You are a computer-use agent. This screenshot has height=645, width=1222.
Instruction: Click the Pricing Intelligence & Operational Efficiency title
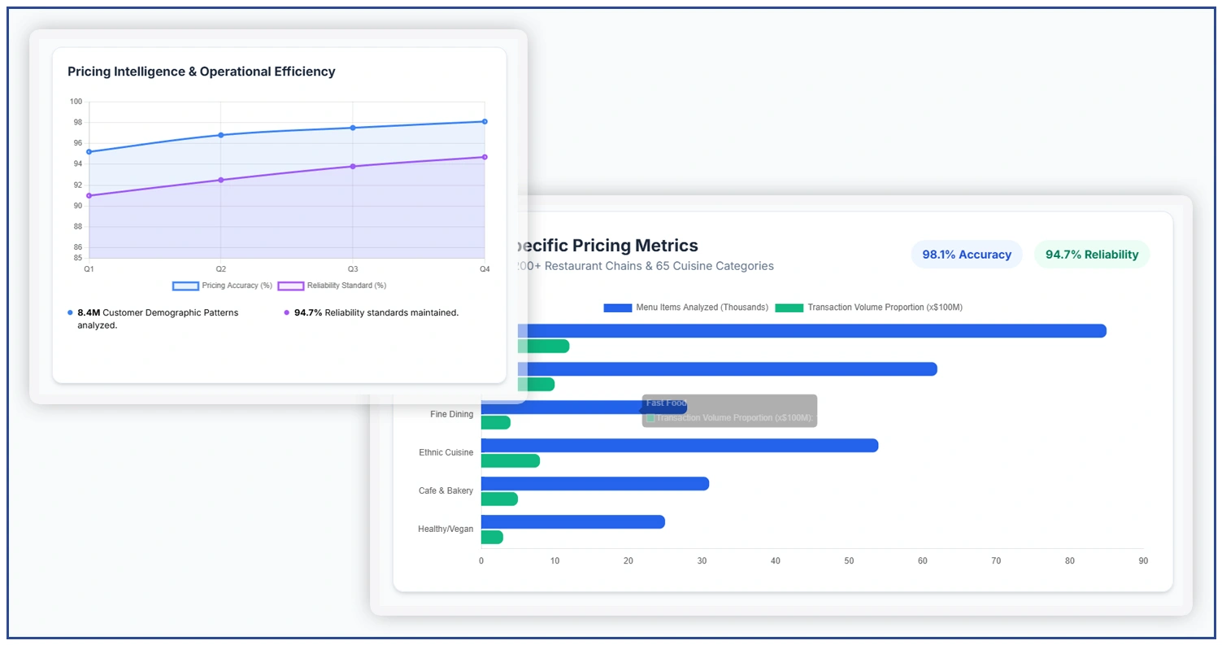[201, 72]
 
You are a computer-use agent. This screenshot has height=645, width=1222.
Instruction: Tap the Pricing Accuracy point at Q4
[485, 121]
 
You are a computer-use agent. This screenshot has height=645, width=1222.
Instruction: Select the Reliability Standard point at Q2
[220, 180]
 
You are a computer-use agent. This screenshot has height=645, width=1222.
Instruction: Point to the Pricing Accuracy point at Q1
[89, 151]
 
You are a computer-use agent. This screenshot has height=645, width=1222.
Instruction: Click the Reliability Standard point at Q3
[352, 166]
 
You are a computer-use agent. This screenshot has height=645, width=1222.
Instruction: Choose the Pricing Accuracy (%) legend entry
[222, 285]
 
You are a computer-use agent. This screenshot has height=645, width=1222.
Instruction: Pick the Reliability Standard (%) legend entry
[332, 285]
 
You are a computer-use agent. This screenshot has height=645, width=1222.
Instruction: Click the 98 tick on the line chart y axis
[76, 123]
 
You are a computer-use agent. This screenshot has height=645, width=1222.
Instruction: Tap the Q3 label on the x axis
[352, 268]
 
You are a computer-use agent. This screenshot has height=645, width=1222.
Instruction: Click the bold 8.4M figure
[88, 312]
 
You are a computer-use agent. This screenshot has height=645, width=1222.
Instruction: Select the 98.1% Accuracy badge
[966, 255]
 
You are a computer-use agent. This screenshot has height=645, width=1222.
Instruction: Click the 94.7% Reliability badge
[1091, 255]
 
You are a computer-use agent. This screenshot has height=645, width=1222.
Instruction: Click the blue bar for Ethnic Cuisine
[679, 446]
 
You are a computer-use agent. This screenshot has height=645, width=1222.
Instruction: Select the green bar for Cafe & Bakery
[499, 499]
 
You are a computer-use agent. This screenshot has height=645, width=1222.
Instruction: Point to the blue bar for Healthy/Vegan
[572, 521]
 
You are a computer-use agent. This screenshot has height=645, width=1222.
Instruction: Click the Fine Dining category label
[451, 414]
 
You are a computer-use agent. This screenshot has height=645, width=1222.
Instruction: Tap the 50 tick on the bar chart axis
[849, 561]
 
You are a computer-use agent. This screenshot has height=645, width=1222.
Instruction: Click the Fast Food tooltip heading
[667, 403]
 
